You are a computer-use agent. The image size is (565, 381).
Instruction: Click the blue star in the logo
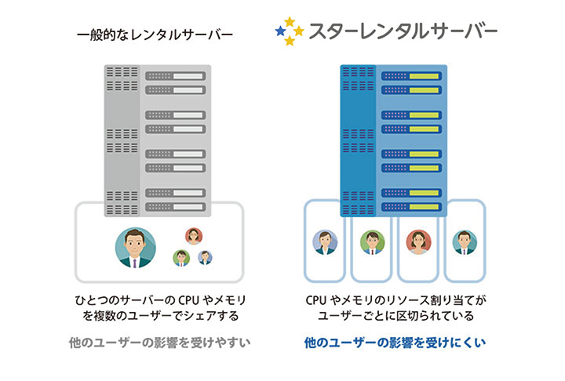[x=280, y=31]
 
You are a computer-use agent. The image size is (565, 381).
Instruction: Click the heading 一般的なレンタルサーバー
[x=155, y=35]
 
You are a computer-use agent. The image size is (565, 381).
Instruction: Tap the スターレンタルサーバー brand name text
[x=403, y=31]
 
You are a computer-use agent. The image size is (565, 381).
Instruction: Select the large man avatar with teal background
[x=136, y=248]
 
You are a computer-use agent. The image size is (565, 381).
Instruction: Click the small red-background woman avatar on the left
[x=194, y=236]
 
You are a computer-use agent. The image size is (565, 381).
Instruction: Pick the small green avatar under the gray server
[x=181, y=258]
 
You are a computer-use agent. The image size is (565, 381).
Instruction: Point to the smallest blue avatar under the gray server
[x=205, y=257]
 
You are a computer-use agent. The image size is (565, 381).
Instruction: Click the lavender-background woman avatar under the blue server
[x=325, y=242]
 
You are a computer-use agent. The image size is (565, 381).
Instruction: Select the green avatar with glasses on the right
[x=372, y=242]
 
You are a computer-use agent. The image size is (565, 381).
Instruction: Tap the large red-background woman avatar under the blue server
[x=418, y=242]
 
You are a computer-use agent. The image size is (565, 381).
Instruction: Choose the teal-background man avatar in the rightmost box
[x=465, y=242]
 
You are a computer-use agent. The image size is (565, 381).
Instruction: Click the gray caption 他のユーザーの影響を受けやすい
[x=159, y=343]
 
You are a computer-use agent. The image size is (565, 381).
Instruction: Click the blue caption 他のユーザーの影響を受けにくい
[x=395, y=343]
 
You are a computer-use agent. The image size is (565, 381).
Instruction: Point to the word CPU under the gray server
[x=190, y=300]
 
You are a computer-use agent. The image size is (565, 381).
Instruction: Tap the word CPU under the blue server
[x=316, y=300]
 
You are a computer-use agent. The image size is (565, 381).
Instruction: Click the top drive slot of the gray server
[x=176, y=76]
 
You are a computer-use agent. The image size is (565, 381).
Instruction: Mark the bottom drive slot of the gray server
[x=176, y=207]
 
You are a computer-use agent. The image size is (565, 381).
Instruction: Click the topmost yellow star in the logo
[x=290, y=22]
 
